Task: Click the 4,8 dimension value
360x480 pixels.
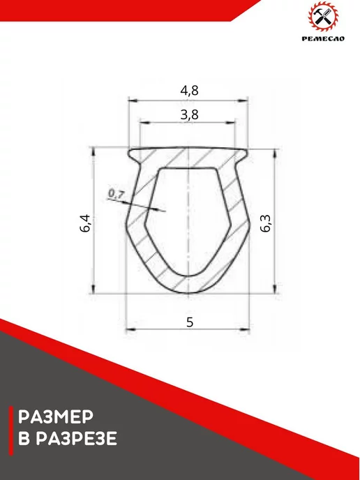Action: click(190, 91)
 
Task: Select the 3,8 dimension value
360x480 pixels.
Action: click(190, 115)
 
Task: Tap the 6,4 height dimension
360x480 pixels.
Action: click(86, 223)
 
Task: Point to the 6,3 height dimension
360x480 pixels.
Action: click(266, 224)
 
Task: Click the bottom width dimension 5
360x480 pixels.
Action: click(190, 322)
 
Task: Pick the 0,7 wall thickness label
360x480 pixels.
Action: click(117, 194)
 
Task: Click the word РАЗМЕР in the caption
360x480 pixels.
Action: click(56, 417)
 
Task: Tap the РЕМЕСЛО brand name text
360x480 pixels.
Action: click(323, 38)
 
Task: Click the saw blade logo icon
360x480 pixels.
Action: click(323, 16)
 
